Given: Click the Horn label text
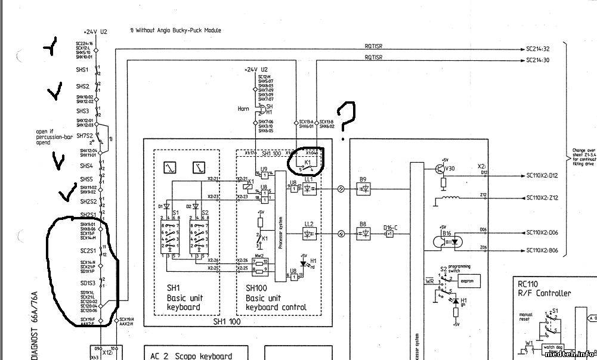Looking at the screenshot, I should (243, 108).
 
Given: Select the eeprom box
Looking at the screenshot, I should (468, 281).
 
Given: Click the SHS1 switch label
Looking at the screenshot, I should (82, 70).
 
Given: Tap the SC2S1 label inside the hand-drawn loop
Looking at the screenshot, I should (88, 251).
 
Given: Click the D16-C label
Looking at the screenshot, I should (391, 227).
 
